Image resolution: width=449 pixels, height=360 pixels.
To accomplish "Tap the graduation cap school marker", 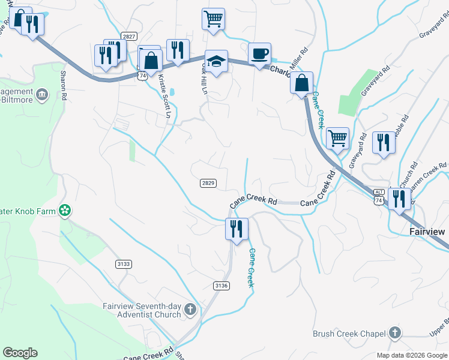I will [216, 61].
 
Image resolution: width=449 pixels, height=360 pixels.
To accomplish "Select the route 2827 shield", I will [128, 37].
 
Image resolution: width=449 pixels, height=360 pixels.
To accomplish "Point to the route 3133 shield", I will [123, 264].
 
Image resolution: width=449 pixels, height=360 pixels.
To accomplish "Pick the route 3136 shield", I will [221, 286].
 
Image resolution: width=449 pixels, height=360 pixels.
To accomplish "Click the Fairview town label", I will [428, 231].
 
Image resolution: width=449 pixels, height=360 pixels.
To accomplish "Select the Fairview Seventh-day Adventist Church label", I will [143, 310].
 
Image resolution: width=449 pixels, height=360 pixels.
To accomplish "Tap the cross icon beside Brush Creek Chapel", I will [395, 332].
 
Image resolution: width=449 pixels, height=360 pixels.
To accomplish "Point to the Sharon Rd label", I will [63, 83].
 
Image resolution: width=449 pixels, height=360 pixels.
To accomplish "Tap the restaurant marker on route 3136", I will [236, 229].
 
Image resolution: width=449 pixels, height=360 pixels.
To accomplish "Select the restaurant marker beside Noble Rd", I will [382, 143].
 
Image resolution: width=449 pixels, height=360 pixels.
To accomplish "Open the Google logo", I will [20, 353].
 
